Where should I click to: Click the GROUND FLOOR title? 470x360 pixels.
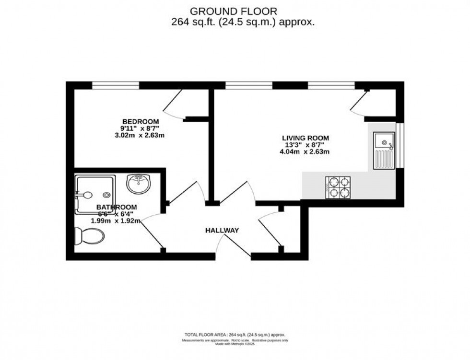click(234, 11)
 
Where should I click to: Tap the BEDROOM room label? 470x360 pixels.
click(140, 121)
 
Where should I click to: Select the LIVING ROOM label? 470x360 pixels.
click(305, 138)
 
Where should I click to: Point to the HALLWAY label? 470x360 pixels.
click(222, 231)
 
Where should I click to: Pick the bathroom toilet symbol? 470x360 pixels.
click(89, 236)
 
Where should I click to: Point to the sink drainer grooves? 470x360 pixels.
click(385, 159)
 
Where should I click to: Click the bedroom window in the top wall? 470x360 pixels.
click(116, 85)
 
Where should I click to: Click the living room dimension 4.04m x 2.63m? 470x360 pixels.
click(305, 152)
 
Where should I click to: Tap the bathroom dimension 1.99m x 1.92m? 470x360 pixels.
click(116, 221)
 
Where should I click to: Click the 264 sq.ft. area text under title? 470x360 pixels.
click(243, 22)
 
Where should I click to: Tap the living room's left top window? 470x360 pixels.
click(248, 85)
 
